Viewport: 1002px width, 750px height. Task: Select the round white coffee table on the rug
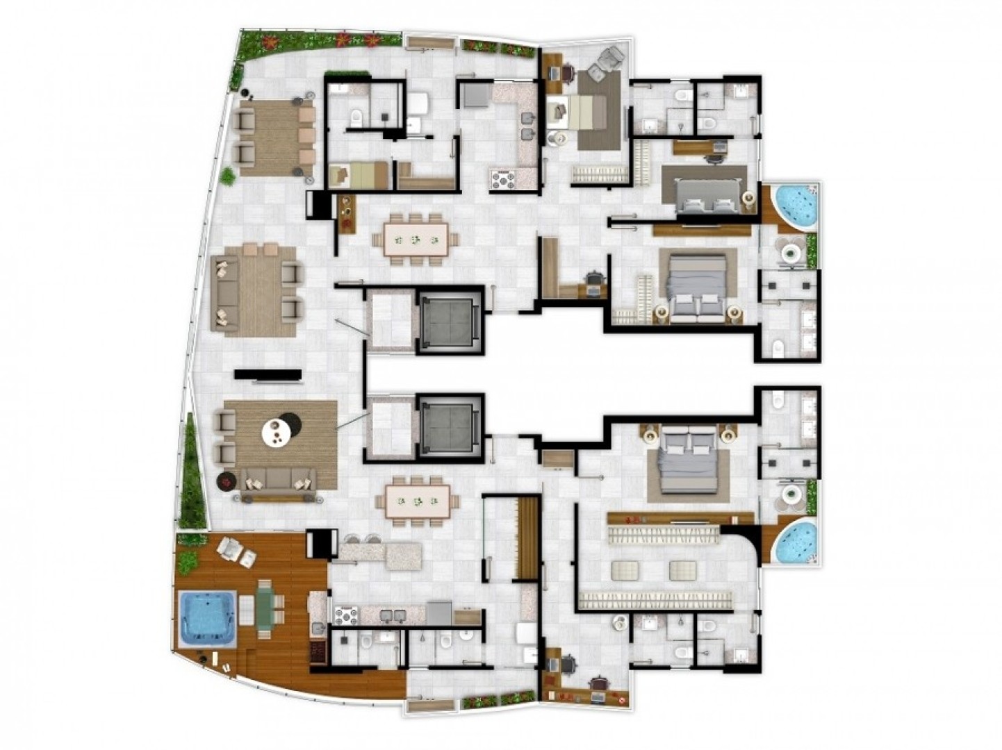pyautogui.click(x=277, y=433)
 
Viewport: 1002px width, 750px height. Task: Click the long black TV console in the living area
pyautogui.click(x=268, y=375)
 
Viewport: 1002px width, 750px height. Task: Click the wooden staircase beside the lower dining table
pyautogui.click(x=527, y=538)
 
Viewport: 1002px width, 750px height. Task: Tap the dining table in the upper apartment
pyautogui.click(x=415, y=240)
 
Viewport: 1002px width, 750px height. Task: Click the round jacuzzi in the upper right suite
pyautogui.click(x=795, y=205)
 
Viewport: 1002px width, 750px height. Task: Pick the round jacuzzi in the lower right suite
pyautogui.click(x=795, y=542)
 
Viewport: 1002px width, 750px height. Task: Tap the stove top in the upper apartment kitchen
pyautogui.click(x=503, y=179)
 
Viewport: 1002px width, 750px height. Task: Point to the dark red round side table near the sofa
pyautogui.click(x=227, y=480)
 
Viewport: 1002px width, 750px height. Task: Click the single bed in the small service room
pyautogui.click(x=360, y=175)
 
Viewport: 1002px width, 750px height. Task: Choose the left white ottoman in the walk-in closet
pyautogui.click(x=626, y=571)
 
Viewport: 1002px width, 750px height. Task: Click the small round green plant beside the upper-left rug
pyautogui.click(x=227, y=176)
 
